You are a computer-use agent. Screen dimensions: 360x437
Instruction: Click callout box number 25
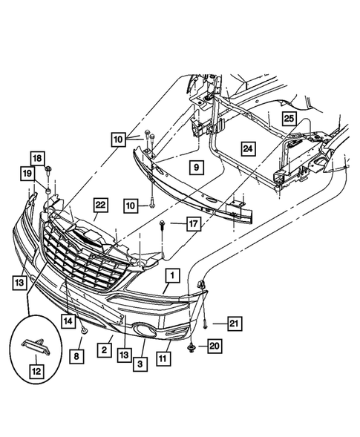[x=289, y=119]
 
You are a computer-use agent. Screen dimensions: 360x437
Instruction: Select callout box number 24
[x=248, y=148]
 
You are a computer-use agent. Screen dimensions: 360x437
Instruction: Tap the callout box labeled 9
[x=197, y=168]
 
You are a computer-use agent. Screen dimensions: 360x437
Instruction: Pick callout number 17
[x=194, y=224]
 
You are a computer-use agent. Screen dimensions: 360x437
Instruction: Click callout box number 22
[x=100, y=205]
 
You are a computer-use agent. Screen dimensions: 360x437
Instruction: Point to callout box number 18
[x=37, y=159]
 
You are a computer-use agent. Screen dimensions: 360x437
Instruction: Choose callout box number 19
[x=27, y=174]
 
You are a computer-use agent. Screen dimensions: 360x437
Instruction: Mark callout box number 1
[x=172, y=276]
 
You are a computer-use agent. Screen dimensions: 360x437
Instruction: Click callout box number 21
[x=235, y=323]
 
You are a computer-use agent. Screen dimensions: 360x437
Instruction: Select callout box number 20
[x=215, y=346]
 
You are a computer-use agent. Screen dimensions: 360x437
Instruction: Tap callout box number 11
[x=163, y=358]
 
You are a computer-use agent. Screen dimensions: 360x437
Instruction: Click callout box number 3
[x=140, y=364]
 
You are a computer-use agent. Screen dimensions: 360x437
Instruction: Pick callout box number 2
[x=105, y=350]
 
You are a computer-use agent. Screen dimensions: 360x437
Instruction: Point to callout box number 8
[x=76, y=356]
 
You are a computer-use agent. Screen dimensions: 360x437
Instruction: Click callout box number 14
[x=68, y=321]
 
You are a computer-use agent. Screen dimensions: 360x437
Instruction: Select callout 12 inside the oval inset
[x=37, y=372]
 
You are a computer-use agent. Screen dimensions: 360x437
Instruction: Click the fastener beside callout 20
[x=192, y=348]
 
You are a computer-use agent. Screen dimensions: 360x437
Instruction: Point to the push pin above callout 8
[x=83, y=331]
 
